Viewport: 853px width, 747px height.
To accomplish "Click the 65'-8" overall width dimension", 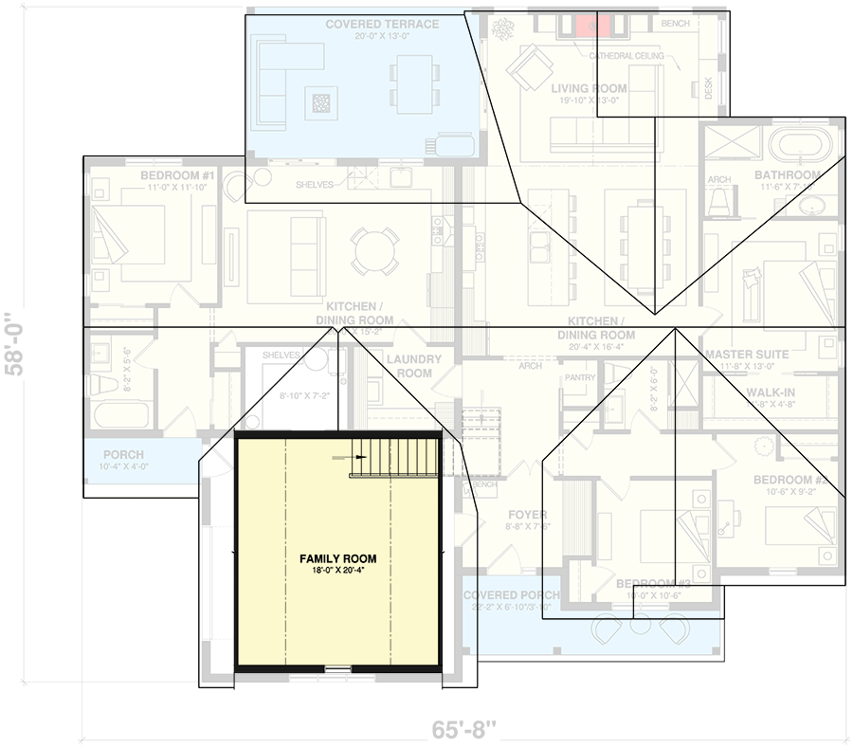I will [464, 731].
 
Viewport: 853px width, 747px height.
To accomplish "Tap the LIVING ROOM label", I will [589, 88].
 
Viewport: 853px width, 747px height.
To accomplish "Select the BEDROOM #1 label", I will [178, 176].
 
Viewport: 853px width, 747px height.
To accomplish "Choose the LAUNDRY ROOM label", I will [414, 366].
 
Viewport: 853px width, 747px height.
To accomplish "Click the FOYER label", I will [527, 515].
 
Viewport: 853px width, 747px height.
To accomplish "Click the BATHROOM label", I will [787, 175].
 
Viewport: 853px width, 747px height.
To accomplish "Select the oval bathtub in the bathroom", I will [804, 145].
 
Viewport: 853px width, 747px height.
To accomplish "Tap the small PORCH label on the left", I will [123, 455].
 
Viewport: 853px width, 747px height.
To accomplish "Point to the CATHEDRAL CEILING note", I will [626, 57].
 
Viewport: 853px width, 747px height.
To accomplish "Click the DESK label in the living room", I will [707, 89].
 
